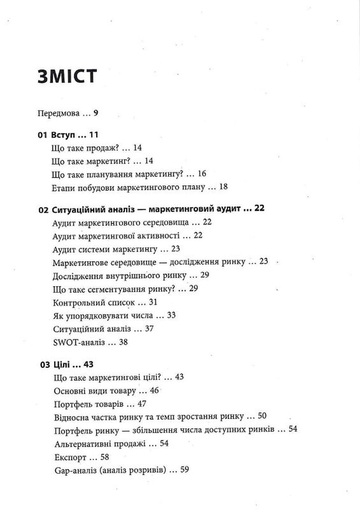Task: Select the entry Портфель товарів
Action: pyautogui.click(x=87, y=404)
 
